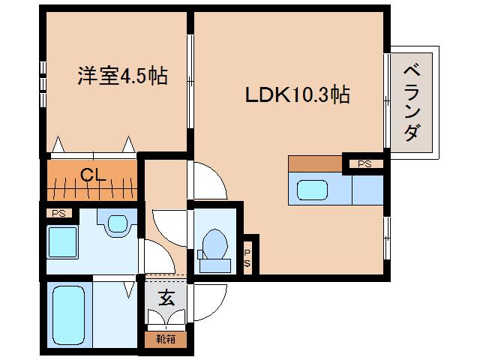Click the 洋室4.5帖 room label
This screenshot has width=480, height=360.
click(x=122, y=76)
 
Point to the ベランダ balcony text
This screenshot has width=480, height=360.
click(x=411, y=103)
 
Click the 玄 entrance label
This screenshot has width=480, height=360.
click(x=166, y=297)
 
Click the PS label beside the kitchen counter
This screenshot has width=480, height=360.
click(x=364, y=163)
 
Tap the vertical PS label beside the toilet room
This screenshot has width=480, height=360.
click(x=247, y=256)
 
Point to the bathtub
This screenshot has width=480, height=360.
click(x=70, y=314)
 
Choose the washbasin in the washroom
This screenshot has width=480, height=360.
click(x=118, y=224)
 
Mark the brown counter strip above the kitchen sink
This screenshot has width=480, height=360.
click(x=314, y=163)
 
